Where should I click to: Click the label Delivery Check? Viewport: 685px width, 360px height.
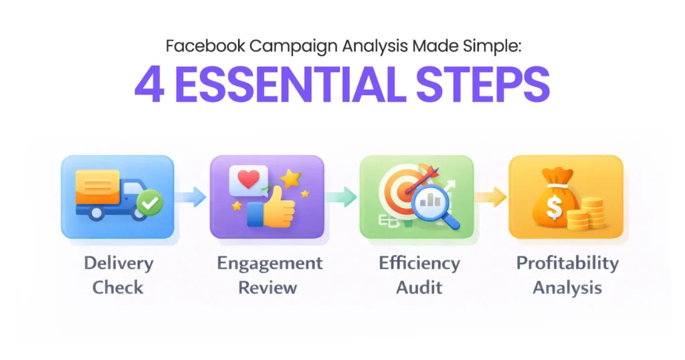(118, 275)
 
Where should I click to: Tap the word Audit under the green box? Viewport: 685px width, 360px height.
(418, 288)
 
